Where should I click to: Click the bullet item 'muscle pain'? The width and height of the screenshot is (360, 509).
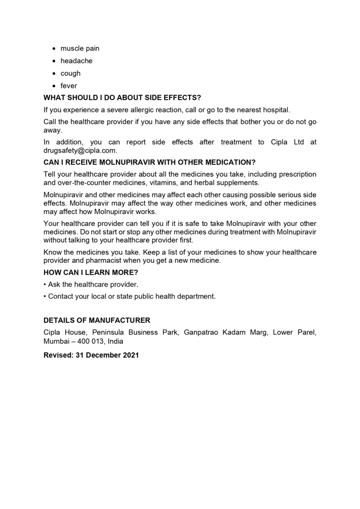(x=80, y=48)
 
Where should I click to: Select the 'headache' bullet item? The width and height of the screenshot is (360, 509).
(x=76, y=61)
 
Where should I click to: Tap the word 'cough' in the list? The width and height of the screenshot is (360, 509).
(x=71, y=73)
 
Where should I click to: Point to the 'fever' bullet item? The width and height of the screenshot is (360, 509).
(x=69, y=86)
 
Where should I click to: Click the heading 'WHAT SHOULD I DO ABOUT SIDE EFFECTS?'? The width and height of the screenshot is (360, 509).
(x=122, y=98)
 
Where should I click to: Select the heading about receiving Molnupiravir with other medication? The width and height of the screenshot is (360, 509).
(x=149, y=162)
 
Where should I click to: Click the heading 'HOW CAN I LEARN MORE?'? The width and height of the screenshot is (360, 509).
(x=90, y=273)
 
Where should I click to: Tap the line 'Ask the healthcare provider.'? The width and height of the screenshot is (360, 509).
(x=91, y=284)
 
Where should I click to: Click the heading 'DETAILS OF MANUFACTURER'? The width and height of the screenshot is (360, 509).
(x=97, y=320)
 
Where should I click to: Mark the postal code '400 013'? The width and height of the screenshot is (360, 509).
(x=89, y=342)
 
